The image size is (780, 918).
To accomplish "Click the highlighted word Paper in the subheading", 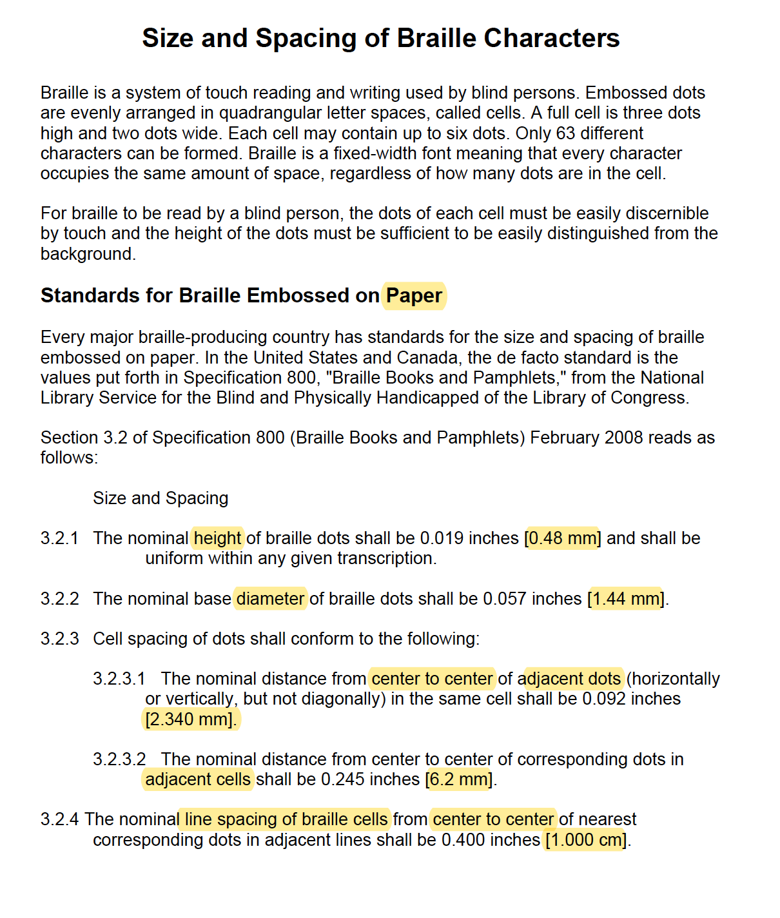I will point(414,296).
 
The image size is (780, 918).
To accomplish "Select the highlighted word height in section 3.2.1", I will point(218,538).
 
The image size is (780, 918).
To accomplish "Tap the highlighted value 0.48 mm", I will point(563,538).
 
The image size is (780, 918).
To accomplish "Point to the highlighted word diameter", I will point(270,599).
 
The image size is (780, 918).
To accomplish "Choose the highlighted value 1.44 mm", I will point(627,599).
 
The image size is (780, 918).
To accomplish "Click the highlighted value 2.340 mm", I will point(190,719).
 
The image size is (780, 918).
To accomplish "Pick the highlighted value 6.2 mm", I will point(459,779).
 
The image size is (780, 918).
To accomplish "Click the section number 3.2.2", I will point(59,599).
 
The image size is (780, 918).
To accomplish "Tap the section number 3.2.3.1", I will point(119,679).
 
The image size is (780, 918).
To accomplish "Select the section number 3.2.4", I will point(59,819).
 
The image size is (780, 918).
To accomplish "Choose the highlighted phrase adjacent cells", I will point(197,779).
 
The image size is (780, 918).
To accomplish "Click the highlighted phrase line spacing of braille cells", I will point(286,819).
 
